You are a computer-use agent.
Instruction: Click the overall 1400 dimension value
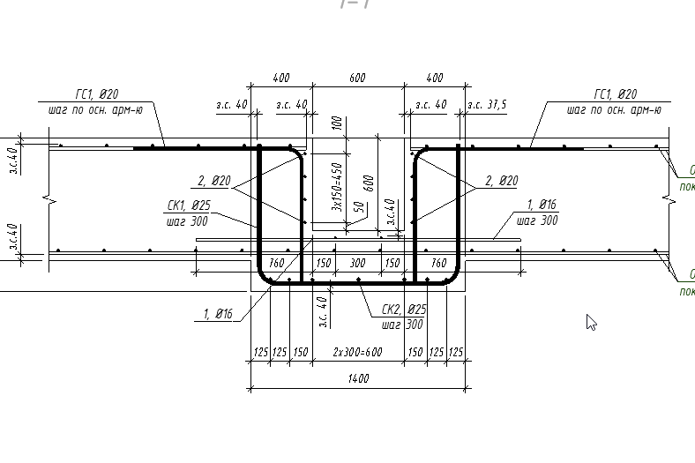(x=357, y=379)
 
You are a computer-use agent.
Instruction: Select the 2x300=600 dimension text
(x=357, y=352)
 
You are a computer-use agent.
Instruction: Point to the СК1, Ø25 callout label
(x=188, y=207)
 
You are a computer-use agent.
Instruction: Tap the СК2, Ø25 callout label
(x=404, y=310)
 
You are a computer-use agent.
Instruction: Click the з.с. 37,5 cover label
(x=487, y=105)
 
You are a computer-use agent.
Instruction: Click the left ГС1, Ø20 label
(x=97, y=94)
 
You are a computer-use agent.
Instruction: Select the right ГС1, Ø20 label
(x=616, y=94)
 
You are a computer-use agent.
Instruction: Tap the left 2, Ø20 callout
(x=213, y=181)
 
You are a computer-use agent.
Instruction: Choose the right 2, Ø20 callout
(x=501, y=181)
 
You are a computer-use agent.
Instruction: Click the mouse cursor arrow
(x=590, y=321)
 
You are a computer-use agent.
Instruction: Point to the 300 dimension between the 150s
(x=357, y=263)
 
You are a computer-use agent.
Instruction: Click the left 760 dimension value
(x=276, y=263)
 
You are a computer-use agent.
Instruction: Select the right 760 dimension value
(x=437, y=263)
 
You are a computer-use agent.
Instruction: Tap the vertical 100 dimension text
(x=336, y=123)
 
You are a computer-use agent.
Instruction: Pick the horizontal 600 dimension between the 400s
(x=357, y=78)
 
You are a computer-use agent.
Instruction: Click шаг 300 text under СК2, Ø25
(x=402, y=325)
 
